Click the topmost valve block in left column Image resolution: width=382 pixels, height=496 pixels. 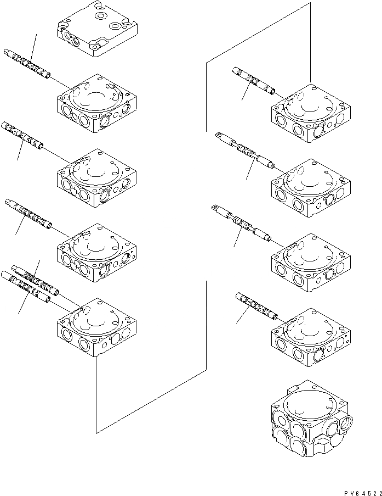[96, 104]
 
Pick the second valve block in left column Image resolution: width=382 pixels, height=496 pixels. [96, 178]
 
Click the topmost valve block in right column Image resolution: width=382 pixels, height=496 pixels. [311, 114]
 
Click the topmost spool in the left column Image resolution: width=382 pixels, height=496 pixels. [27, 64]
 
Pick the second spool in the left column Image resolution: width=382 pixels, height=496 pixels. [23, 137]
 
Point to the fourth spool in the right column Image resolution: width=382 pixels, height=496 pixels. [256, 306]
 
